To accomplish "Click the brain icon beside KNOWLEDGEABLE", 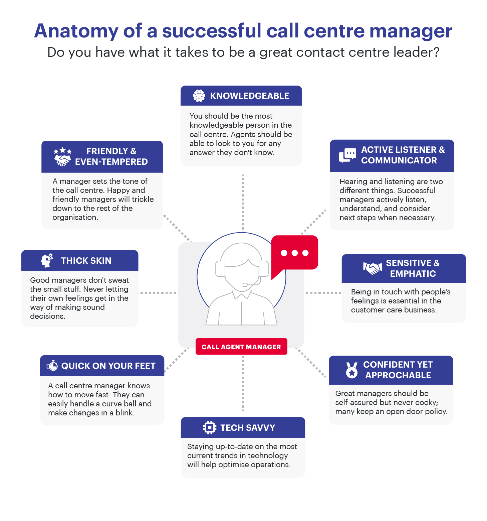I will click(x=199, y=96).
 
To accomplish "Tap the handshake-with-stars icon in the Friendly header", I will click(x=62, y=156).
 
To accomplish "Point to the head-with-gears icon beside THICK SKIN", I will click(x=47, y=260).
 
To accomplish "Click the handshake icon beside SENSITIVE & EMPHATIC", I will click(x=373, y=268).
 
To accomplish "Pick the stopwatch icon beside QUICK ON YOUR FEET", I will click(x=52, y=366).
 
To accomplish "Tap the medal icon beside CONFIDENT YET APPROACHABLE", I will click(x=351, y=370).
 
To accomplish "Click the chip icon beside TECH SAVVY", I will click(x=209, y=427).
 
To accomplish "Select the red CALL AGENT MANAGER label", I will click(x=241, y=347).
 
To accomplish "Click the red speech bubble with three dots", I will click(x=294, y=253).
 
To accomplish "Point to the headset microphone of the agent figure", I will click(x=245, y=285).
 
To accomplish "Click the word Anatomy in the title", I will click(x=76, y=31).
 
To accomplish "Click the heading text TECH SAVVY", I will click(x=247, y=428).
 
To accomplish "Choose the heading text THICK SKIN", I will click(x=86, y=261).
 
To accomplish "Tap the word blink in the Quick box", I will click(x=124, y=413).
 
